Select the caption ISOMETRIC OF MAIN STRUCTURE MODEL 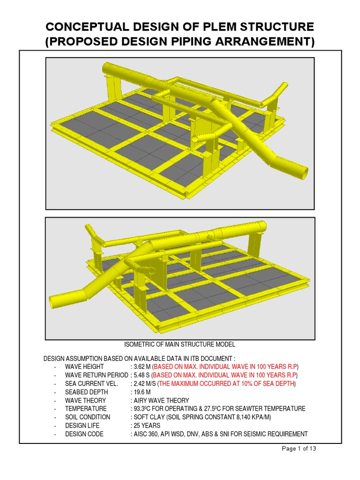tap(180, 345)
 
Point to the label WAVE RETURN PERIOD tap(97, 375)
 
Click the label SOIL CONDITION tap(88, 417)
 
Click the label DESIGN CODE tap(84, 434)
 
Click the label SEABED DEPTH tap(87, 392)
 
